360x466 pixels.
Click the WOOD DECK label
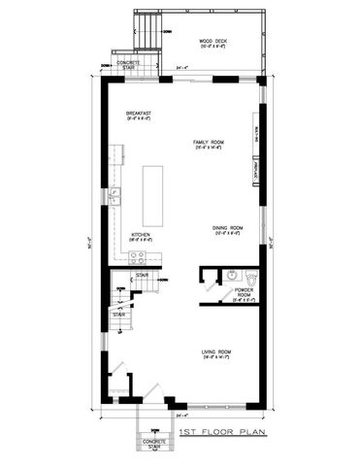(214, 41)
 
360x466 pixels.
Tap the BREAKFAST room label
(142, 115)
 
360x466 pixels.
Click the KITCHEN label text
(140, 235)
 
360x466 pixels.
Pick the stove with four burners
(137, 256)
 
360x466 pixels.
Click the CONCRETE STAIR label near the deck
(127, 65)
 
